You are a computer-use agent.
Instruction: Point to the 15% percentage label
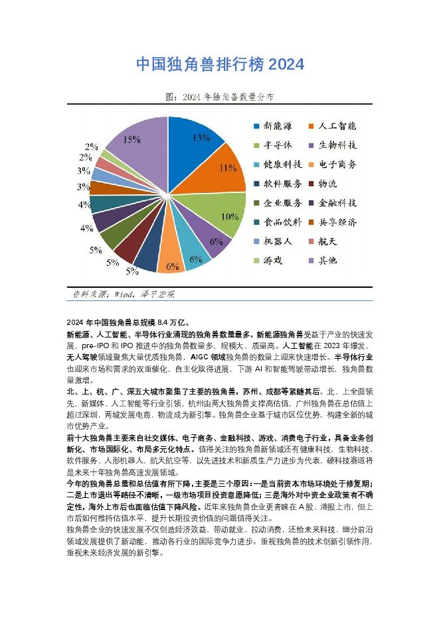pos(131,139)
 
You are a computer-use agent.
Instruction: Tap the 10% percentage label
pos(230,216)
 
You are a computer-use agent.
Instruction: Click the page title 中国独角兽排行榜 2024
pos(220,64)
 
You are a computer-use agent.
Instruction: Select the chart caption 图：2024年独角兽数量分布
pos(220,97)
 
